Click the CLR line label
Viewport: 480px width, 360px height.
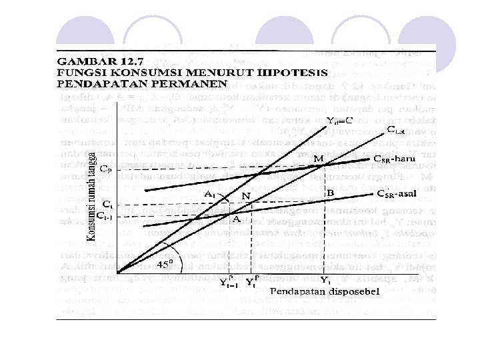(395, 130)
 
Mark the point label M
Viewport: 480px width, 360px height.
(319, 158)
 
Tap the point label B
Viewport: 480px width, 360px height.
(330, 192)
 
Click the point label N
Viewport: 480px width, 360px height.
(247, 197)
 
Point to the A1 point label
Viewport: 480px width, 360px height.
(210, 194)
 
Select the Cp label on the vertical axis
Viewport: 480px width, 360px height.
(105, 169)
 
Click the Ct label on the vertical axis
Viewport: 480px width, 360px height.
(106, 204)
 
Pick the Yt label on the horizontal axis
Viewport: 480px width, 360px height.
(325, 279)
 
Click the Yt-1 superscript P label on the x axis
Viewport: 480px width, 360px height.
(228, 280)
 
